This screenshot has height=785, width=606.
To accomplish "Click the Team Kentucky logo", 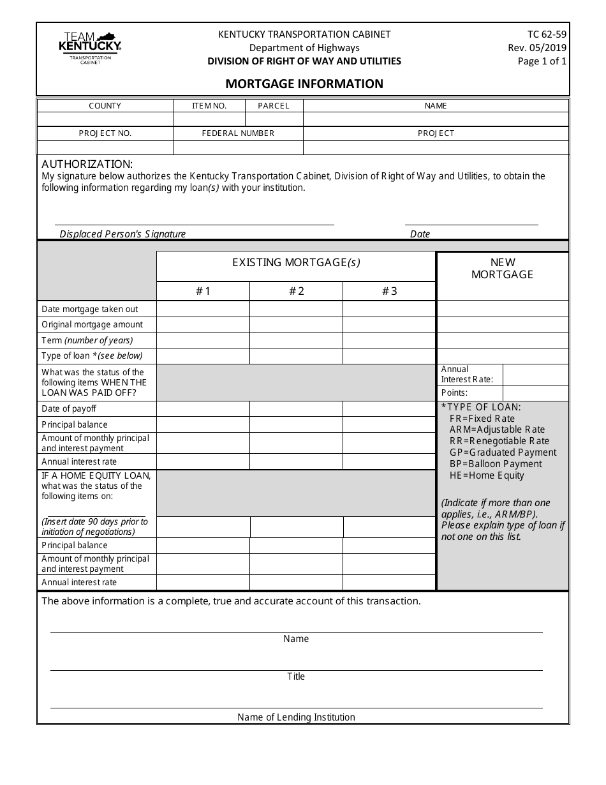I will tap(89, 47).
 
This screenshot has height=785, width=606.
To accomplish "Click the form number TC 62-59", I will tap(547, 34).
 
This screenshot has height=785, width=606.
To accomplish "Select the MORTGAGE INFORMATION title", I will tap(304, 84).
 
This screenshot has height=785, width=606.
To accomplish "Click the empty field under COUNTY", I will tap(105, 119).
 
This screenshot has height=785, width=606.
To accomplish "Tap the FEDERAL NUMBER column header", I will tap(238, 133).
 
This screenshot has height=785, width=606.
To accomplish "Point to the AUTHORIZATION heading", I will tap(87, 164).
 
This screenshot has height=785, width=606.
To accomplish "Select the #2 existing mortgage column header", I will tap(296, 291).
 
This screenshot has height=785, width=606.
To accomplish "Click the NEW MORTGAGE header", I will tap(503, 268).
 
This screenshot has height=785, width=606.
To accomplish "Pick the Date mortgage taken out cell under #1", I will tap(203, 309).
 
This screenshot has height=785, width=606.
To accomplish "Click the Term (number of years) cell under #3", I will tap(389, 340).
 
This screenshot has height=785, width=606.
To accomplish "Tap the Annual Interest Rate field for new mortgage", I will tap(535, 374).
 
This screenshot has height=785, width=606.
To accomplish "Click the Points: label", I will tap(455, 393).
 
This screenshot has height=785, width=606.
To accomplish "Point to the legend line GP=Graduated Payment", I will tap(503, 452).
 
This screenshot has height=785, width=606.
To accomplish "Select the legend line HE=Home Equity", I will tap(487, 475).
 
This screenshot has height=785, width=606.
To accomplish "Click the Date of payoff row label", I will tap(69, 408).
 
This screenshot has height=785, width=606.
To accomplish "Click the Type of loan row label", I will tap(92, 355).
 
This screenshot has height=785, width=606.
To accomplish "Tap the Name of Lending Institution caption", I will tap(296, 717).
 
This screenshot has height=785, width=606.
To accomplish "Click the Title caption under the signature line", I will tap(296, 677).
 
